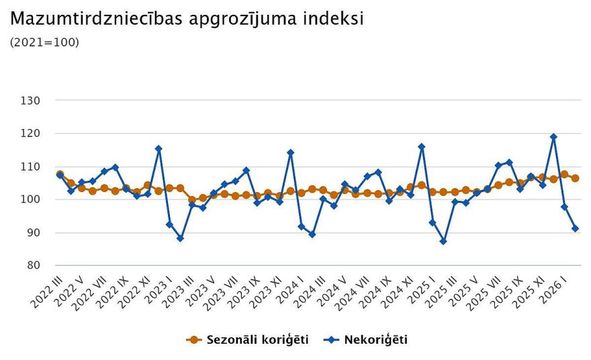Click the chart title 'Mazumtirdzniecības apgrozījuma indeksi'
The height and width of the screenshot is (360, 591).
coord(187,19)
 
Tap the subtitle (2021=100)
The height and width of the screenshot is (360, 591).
coord(44,42)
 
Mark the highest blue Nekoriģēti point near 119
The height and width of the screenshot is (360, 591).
coord(553,137)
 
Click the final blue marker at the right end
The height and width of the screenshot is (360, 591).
coord(575,229)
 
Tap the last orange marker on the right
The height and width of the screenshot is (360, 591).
coord(575,179)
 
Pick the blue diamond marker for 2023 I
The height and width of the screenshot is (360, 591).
coord(169,224)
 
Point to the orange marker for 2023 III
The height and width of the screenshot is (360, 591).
coord(191,199)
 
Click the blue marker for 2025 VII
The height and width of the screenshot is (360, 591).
coord(498,165)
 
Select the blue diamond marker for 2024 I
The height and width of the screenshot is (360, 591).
coord(301,226)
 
